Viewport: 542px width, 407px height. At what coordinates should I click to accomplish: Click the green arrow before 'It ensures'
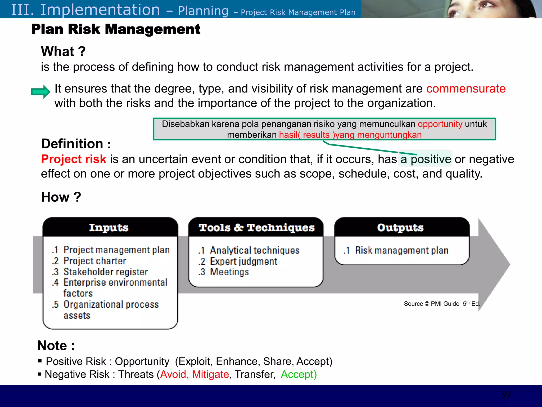point(40,92)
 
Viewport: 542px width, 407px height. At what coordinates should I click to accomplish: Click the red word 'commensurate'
point(466,89)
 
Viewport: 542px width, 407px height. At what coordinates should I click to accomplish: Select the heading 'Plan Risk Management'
point(116,29)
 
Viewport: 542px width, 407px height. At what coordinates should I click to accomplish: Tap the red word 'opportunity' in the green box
point(440,124)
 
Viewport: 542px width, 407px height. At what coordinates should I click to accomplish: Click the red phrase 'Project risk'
point(74,159)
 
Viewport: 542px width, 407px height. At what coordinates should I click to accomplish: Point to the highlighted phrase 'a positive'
point(425,159)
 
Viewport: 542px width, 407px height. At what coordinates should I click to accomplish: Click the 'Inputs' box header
point(109,228)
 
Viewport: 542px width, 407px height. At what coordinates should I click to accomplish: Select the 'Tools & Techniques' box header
point(256,228)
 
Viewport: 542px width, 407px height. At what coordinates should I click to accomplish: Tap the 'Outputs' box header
point(400,228)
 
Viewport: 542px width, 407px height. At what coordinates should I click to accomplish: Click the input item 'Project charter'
point(95,261)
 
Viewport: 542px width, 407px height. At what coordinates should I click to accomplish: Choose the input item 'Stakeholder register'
point(106,272)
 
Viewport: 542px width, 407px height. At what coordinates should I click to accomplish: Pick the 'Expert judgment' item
point(243,262)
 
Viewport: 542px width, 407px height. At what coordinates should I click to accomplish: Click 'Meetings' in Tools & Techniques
point(229,272)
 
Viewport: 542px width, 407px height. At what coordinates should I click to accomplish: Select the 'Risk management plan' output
point(401,250)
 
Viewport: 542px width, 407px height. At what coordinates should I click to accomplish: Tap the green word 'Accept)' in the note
point(299,374)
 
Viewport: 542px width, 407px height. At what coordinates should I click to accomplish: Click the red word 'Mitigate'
point(210,374)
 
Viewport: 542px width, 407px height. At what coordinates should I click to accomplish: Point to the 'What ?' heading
point(63,51)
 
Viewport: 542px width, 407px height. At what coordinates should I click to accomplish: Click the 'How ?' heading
point(61,197)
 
